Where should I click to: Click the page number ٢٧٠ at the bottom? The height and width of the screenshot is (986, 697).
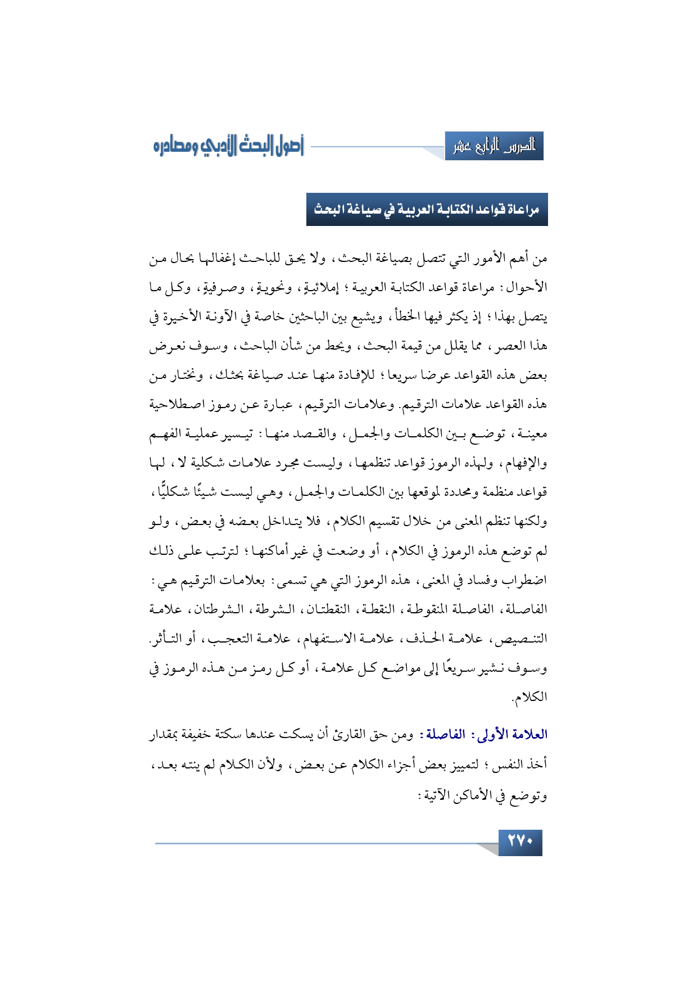pyautogui.click(x=520, y=842)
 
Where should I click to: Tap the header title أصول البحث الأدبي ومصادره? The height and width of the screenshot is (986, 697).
pyautogui.click(x=228, y=147)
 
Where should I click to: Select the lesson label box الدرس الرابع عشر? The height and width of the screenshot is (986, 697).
pyautogui.click(x=494, y=147)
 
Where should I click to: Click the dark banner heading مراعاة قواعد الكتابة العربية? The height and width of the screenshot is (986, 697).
pyautogui.click(x=427, y=210)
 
